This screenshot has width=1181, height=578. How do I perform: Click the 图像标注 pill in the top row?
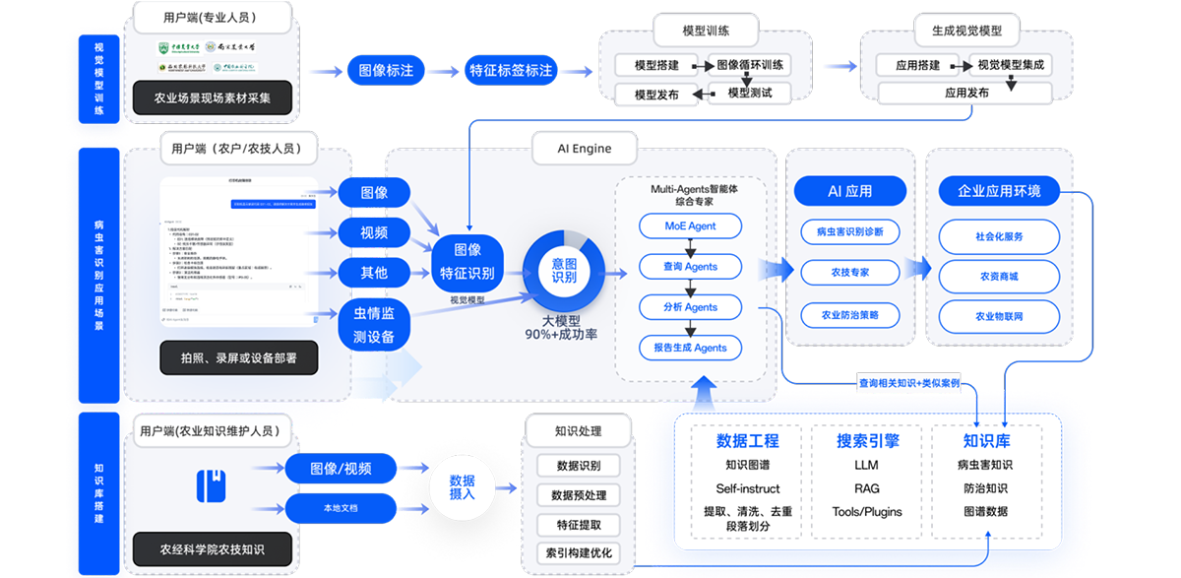[x=386, y=71]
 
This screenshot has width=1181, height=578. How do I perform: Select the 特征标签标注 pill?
[x=511, y=71]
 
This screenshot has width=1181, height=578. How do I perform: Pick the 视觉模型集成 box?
[x=1011, y=66]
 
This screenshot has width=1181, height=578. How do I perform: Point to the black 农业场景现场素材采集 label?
[x=212, y=97]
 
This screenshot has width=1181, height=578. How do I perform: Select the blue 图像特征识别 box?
[x=466, y=261]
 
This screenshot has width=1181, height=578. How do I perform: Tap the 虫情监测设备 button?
[x=374, y=325]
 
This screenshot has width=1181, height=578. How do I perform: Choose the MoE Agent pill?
[x=690, y=226]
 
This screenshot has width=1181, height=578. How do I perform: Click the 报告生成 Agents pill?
[x=690, y=348]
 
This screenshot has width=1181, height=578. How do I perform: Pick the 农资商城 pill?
[x=999, y=277]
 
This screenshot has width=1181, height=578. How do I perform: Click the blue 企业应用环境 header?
[x=999, y=190]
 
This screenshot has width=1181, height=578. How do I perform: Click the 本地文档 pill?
[x=341, y=508]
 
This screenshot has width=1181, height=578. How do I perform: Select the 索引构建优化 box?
[x=578, y=553]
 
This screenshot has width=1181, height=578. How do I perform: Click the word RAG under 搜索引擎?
[x=852, y=488]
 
